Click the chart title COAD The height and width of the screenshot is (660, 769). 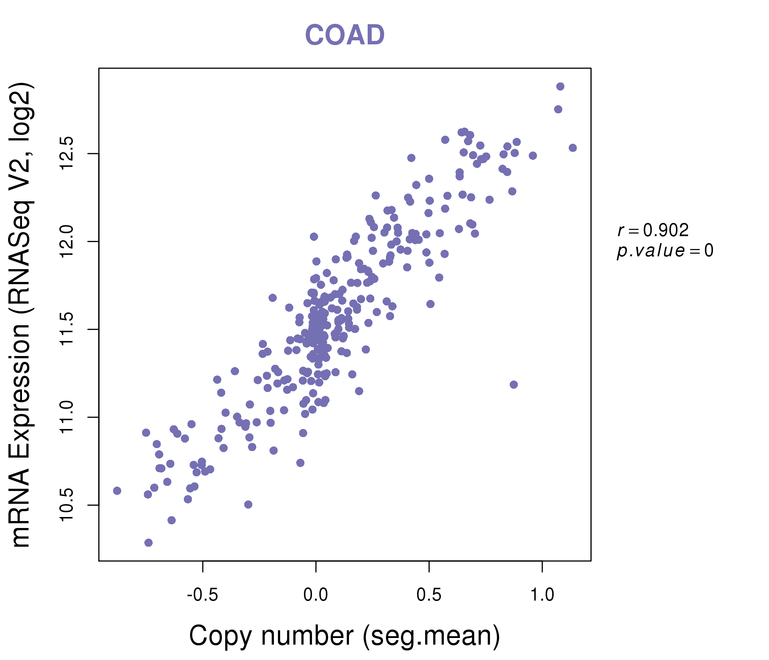(345, 35)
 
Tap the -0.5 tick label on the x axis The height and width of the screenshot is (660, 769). (202, 595)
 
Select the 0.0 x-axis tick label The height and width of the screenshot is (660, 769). (315, 595)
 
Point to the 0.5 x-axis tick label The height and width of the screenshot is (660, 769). (429, 595)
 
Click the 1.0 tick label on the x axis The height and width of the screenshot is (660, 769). (542, 595)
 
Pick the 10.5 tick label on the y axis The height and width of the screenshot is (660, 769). (67, 505)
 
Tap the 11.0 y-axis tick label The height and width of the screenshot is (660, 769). (67, 417)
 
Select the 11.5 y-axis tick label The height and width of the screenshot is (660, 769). (67, 329)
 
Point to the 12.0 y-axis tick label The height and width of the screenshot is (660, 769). (67, 241)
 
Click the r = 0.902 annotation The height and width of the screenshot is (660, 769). (653, 230)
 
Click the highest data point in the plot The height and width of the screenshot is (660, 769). (560, 87)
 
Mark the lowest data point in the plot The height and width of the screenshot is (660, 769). (148, 543)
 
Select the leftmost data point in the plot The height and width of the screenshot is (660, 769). (117, 491)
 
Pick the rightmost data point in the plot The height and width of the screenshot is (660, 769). (573, 148)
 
